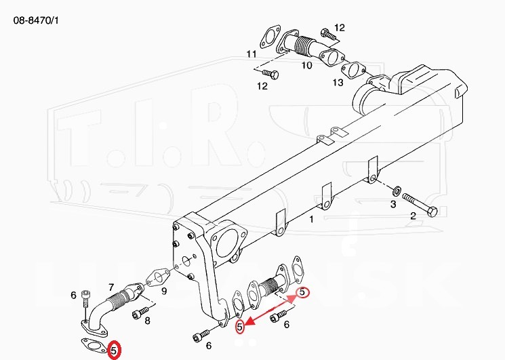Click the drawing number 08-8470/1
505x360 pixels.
(x=36, y=20)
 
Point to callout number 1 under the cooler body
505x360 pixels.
(x=311, y=219)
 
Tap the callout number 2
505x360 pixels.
(x=413, y=216)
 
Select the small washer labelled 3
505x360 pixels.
(x=397, y=191)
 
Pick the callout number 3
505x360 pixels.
(x=393, y=204)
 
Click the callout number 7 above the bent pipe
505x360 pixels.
(x=111, y=287)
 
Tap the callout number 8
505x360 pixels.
(x=147, y=321)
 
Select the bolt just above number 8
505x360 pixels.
(x=140, y=313)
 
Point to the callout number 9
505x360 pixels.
(x=164, y=291)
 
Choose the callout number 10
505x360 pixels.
(x=307, y=66)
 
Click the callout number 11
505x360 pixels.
(x=251, y=54)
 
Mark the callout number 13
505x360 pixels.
(x=338, y=83)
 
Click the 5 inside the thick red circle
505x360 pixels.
(x=114, y=351)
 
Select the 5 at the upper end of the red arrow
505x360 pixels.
(x=302, y=292)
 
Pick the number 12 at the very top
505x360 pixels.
(x=340, y=28)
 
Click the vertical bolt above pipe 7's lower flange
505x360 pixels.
(x=85, y=298)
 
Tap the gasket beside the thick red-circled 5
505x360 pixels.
(x=94, y=346)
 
